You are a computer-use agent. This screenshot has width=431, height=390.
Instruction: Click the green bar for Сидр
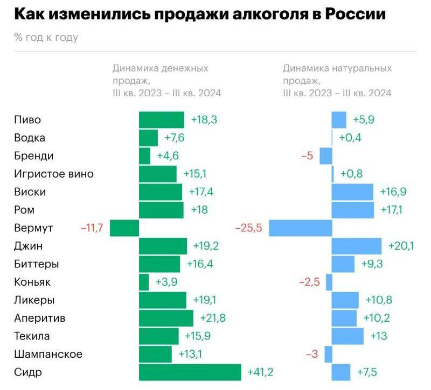(x=190, y=372)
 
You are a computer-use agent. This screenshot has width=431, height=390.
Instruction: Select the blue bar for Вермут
(x=300, y=228)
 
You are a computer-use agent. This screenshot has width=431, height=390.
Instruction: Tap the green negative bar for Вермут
(x=124, y=228)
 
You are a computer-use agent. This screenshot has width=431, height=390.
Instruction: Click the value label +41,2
(x=260, y=372)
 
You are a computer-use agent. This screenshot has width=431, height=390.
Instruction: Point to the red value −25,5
(x=248, y=228)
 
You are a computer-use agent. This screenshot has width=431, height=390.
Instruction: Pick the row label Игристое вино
(x=54, y=174)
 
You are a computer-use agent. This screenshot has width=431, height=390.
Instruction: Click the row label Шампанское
(x=48, y=354)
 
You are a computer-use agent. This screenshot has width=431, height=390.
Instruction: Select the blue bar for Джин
(x=357, y=246)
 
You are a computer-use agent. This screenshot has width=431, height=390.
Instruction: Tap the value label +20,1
(x=401, y=246)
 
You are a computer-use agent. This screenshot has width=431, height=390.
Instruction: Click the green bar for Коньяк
(x=144, y=282)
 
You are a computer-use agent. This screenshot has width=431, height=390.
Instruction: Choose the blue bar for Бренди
(x=326, y=156)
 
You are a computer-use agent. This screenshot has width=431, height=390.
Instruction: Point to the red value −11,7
(x=92, y=228)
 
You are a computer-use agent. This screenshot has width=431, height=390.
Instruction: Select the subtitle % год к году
(x=46, y=37)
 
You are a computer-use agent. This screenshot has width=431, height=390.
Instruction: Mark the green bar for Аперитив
(x=166, y=318)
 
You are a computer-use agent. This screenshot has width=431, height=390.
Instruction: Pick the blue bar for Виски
(x=352, y=192)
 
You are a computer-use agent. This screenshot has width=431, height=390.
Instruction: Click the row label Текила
(x=32, y=336)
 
